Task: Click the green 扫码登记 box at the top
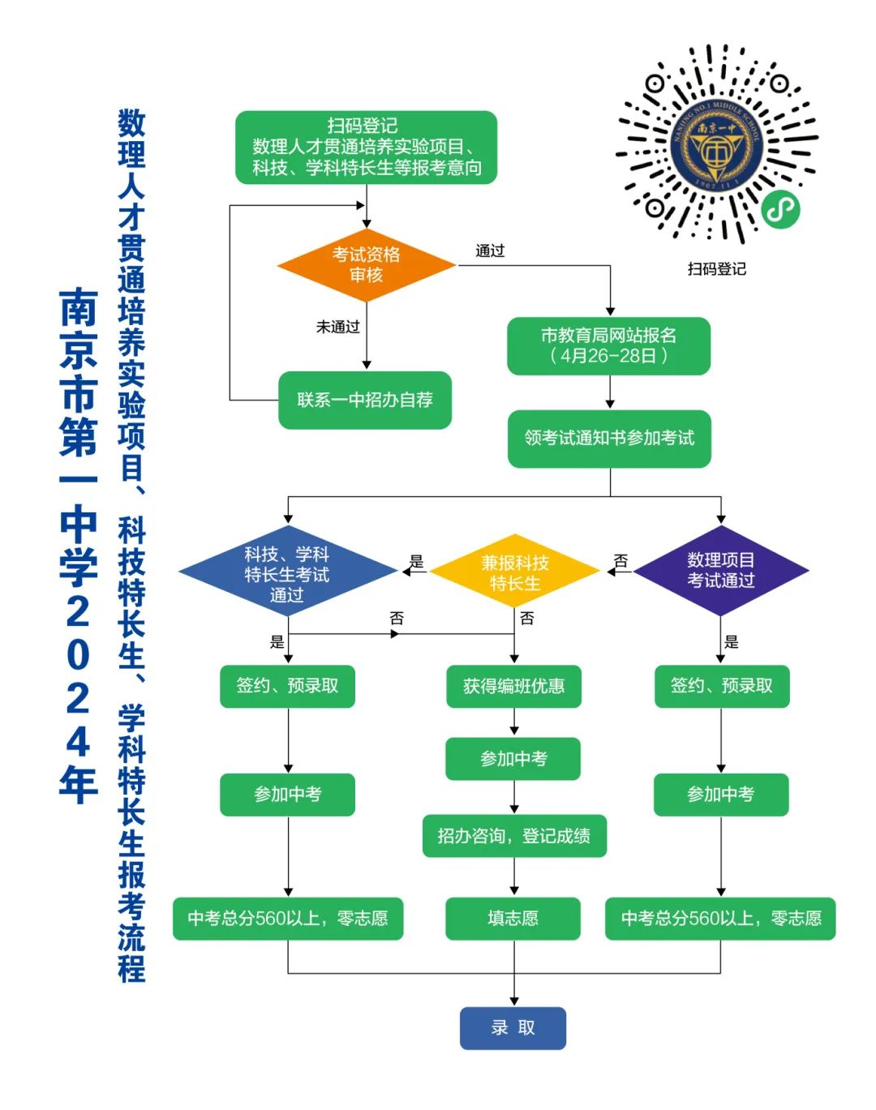coord(366,148)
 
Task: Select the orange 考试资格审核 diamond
coord(366,265)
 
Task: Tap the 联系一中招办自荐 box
coord(365,400)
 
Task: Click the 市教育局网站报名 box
coord(608,345)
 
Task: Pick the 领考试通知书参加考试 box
coord(609,439)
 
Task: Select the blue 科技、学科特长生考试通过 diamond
coord(287,572)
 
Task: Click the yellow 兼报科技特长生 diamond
coord(514,572)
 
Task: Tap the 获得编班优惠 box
coord(513,686)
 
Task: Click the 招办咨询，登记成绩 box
coord(513,836)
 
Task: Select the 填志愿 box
coord(513,918)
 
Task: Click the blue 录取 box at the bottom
coord(513,1027)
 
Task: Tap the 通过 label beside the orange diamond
coord(490,251)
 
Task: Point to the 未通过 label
coord(337,327)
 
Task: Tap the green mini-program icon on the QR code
coord(780,210)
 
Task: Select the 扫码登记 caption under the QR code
coord(716,269)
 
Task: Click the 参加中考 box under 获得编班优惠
coord(513,759)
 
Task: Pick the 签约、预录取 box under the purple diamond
coord(721,686)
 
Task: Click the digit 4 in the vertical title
coord(78,740)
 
